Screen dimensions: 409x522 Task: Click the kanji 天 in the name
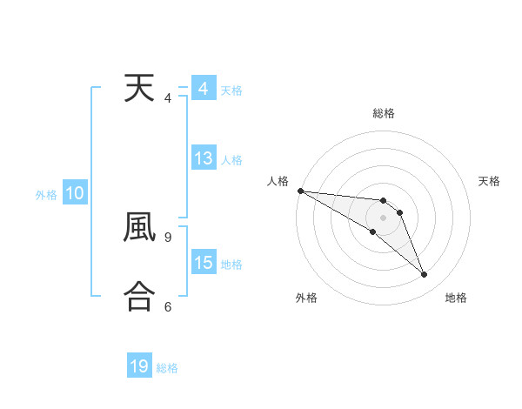tap(139, 89)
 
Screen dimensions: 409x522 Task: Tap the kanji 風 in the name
tap(139, 227)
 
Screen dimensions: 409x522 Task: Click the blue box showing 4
tap(203, 89)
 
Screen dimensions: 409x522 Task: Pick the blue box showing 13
tap(204, 158)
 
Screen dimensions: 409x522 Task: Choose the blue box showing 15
tap(204, 263)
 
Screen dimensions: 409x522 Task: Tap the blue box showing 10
tap(74, 193)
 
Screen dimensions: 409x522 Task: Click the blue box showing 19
tap(139, 366)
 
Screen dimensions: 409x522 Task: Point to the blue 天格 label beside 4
tap(231, 90)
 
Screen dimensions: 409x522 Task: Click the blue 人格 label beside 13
tap(231, 159)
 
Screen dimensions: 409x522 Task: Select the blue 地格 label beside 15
tap(231, 264)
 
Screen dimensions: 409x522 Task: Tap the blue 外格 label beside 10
tap(46, 195)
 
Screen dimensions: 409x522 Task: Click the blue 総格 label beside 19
tap(167, 368)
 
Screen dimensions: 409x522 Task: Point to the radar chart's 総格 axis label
tap(384, 113)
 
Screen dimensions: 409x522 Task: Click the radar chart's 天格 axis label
tap(490, 181)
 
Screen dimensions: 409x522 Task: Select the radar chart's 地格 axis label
tap(456, 298)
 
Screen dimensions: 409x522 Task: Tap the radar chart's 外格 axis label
tap(306, 298)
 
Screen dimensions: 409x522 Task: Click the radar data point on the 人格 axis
tap(300, 191)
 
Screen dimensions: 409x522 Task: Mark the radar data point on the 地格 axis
tap(425, 275)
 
